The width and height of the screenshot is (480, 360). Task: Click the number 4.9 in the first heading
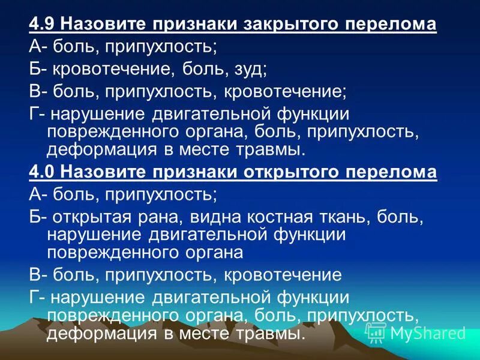[x=43, y=25]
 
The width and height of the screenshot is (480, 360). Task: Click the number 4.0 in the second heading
[x=43, y=172]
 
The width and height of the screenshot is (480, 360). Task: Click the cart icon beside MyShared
[x=376, y=332]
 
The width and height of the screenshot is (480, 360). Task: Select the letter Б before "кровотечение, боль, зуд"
[x=35, y=69]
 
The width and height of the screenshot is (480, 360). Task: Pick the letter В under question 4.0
[x=35, y=275]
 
